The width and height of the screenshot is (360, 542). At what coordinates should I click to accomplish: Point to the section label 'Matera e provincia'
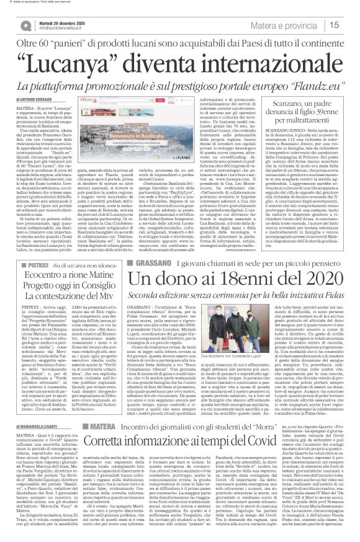click(x=294, y=25)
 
